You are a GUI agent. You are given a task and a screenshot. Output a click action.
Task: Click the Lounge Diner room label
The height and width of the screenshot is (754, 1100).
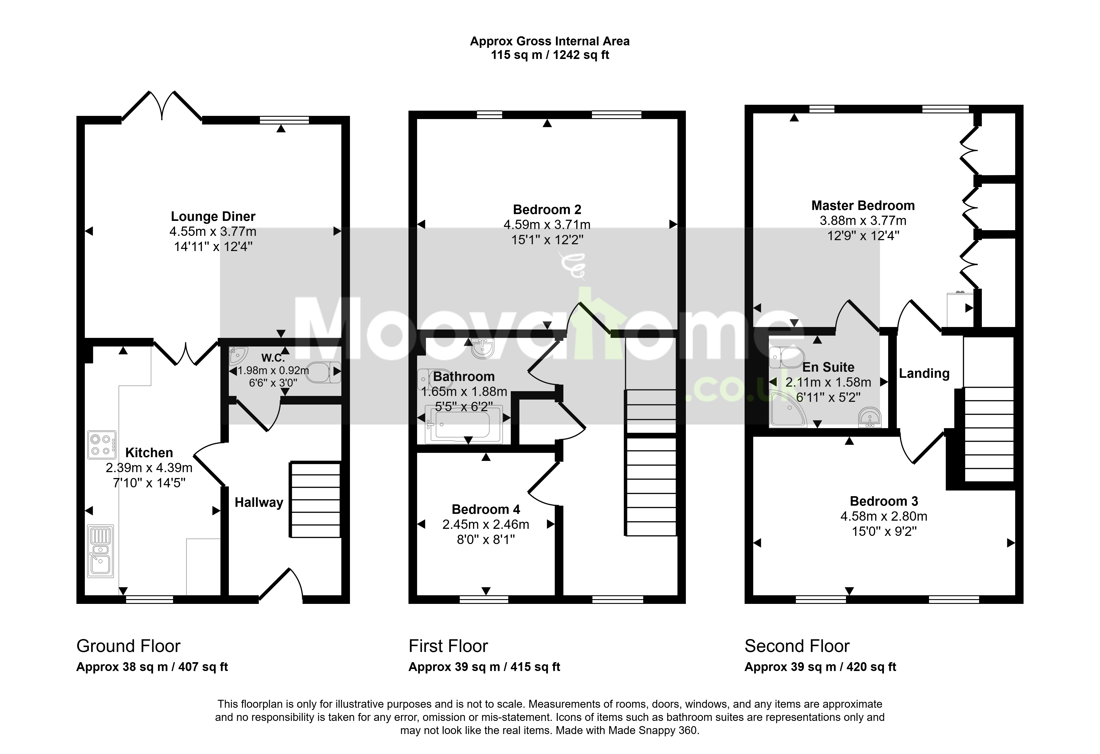(213, 217)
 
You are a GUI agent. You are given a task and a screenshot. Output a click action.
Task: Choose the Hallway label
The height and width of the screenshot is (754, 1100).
(259, 503)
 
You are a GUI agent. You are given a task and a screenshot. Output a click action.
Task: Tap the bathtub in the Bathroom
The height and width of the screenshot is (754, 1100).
(463, 425)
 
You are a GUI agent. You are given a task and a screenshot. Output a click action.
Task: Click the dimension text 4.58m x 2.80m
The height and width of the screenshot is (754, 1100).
(884, 516)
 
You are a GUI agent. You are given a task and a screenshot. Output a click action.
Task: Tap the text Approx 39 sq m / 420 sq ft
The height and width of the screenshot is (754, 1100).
(820, 667)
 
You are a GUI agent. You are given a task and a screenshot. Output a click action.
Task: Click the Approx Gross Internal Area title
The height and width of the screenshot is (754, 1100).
(550, 41)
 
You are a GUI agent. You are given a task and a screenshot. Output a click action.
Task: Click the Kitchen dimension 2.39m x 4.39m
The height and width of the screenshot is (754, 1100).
(149, 468)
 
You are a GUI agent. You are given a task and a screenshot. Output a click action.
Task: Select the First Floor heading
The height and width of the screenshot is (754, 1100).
(448, 646)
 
